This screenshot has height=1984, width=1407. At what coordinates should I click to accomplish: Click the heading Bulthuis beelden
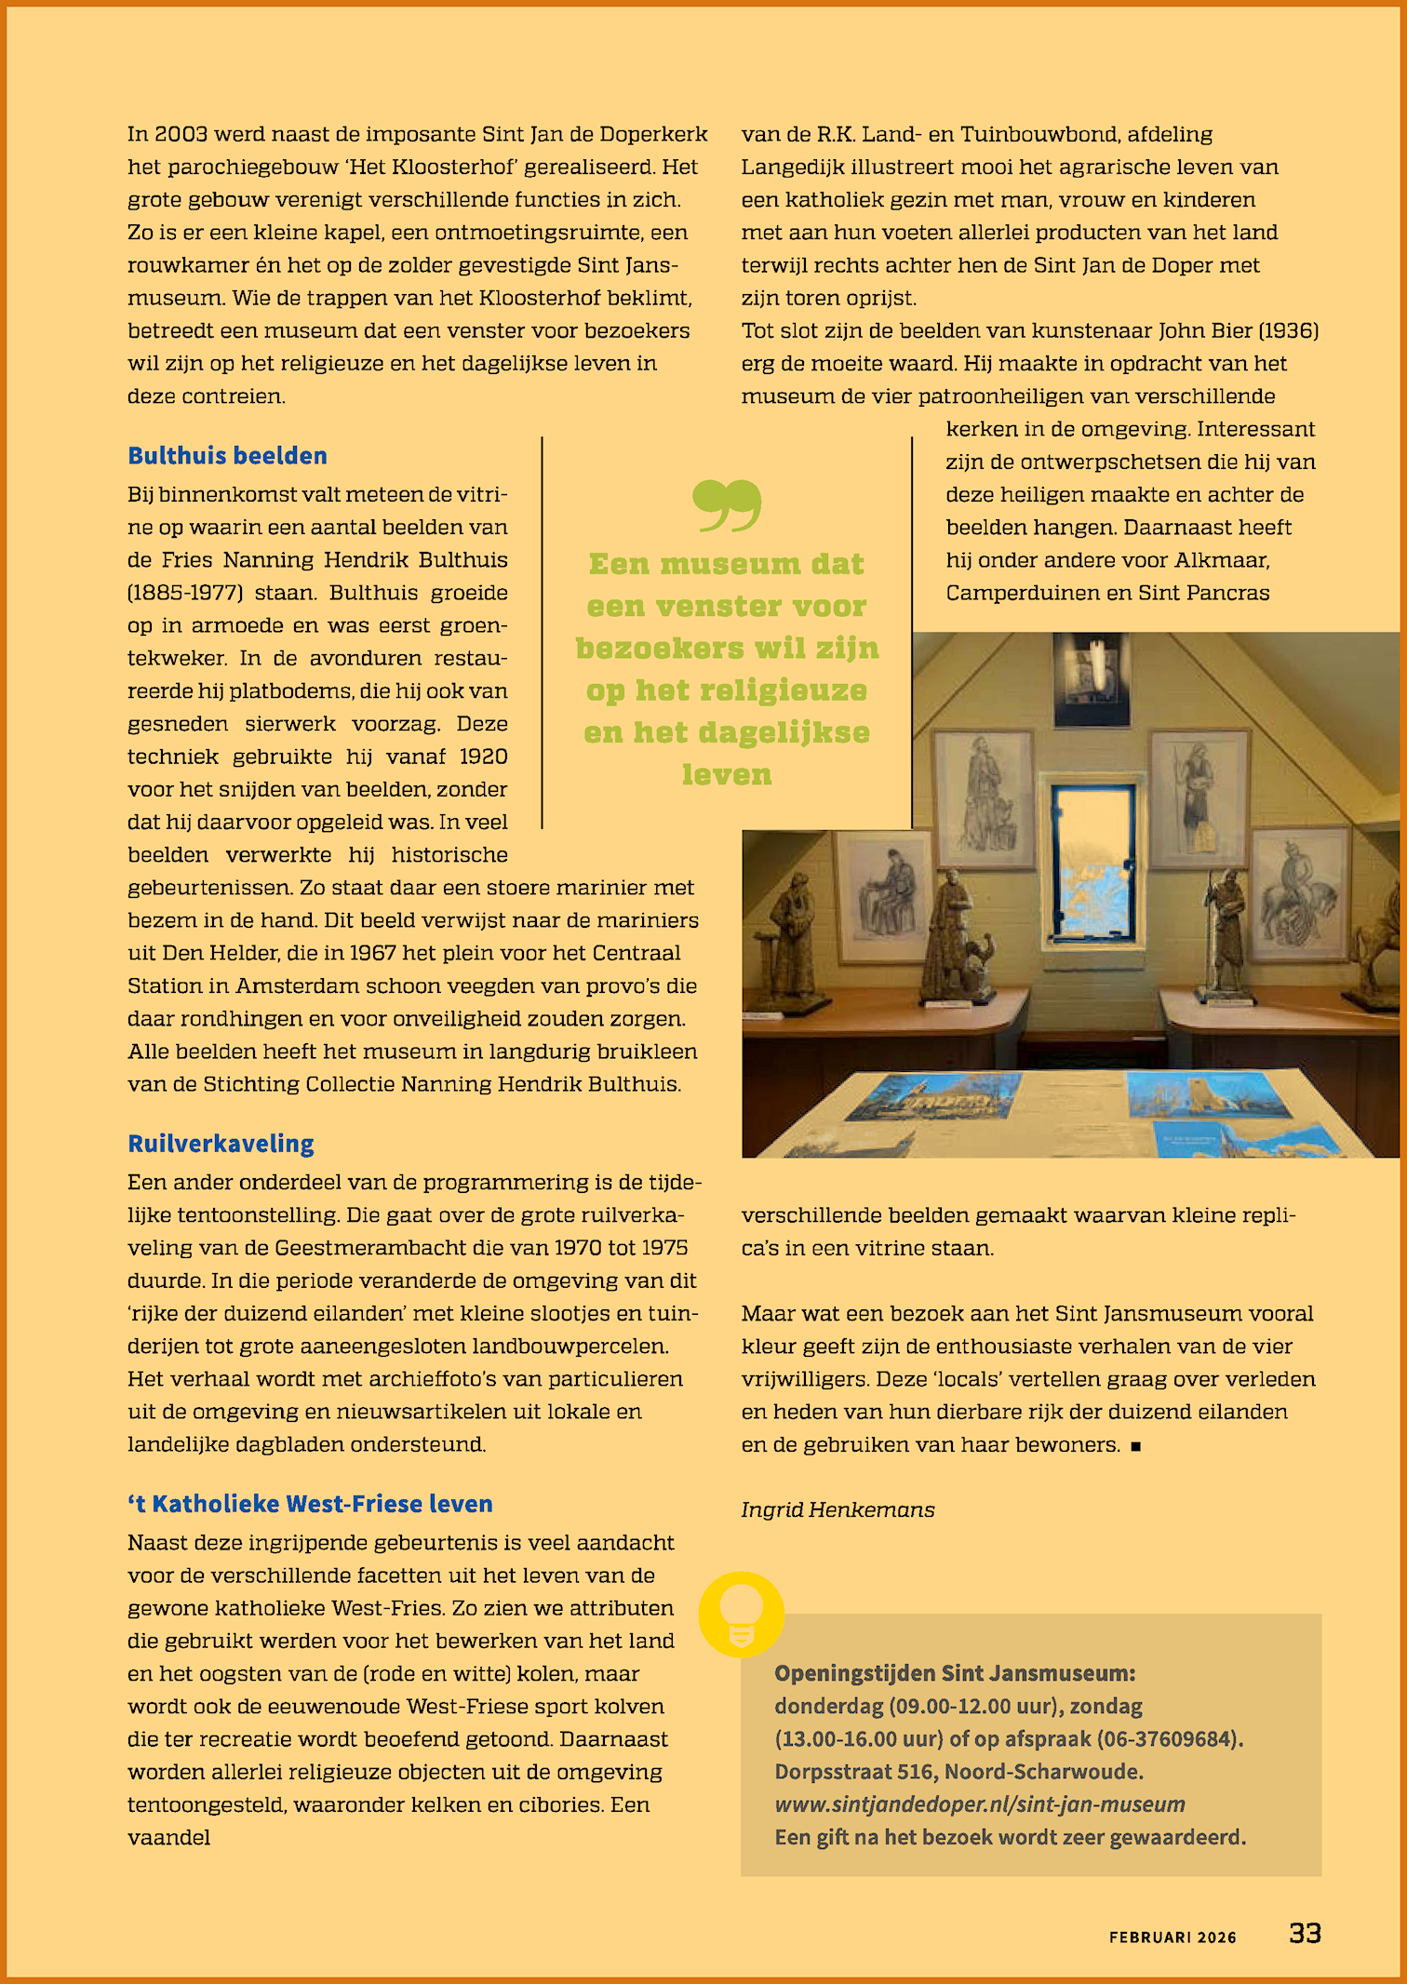[227, 456]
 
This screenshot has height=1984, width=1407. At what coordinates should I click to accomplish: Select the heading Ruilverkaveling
[221, 1144]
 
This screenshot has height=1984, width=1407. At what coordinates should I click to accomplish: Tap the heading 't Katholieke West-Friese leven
[310, 1504]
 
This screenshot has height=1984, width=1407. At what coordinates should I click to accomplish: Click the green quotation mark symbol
[727, 505]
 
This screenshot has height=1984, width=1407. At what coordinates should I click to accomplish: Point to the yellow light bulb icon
[741, 1615]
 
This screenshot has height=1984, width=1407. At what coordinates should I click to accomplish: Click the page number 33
[1305, 1934]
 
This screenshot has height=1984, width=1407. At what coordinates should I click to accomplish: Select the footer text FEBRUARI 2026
[1172, 1937]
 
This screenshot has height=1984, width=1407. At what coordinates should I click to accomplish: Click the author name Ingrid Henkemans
[837, 1509]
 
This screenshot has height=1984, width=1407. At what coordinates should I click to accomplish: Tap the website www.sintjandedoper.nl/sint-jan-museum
[980, 1804]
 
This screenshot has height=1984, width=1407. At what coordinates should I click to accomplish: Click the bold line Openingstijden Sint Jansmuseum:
[955, 1673]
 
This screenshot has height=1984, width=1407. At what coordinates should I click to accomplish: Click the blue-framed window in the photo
[1092, 861]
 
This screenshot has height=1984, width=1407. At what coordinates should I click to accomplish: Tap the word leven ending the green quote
[727, 774]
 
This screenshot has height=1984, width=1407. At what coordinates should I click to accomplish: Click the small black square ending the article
[1135, 1446]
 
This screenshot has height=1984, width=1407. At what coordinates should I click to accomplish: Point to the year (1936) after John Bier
[1288, 330]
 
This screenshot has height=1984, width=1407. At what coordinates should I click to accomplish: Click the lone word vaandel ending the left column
[168, 1838]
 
